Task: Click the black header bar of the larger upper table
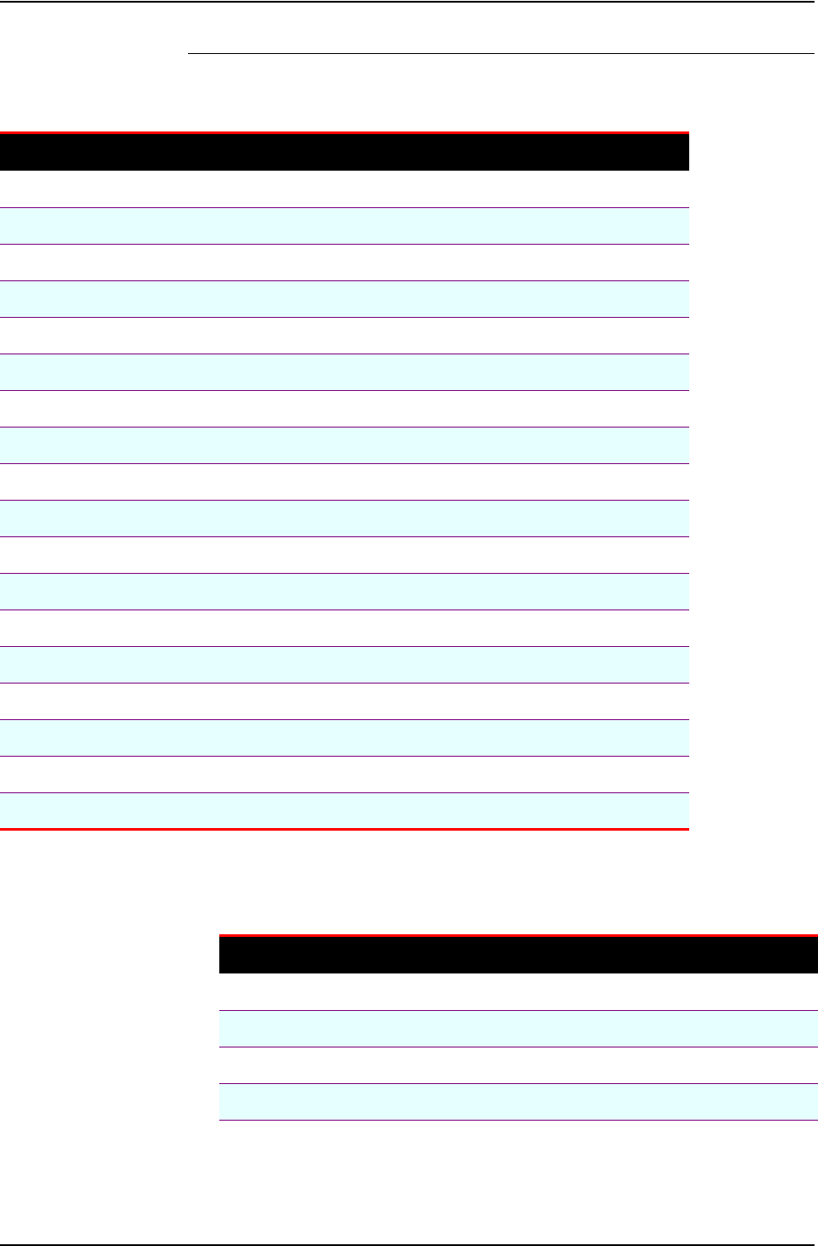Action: [x=344, y=152]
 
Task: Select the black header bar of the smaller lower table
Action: [x=518, y=955]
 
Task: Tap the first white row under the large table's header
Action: [x=344, y=189]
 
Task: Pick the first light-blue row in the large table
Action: [x=344, y=226]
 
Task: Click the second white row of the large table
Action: [x=344, y=262]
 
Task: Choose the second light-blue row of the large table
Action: [x=344, y=299]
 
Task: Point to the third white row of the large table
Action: [x=344, y=335]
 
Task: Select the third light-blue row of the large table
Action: [x=344, y=372]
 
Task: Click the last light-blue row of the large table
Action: [x=344, y=811]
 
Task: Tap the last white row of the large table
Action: [x=344, y=774]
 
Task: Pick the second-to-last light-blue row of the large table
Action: [x=344, y=737]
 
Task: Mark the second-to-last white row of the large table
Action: [x=344, y=701]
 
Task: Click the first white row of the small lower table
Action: [x=518, y=992]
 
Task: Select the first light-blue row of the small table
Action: [x=518, y=1028]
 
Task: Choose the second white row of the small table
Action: [x=518, y=1065]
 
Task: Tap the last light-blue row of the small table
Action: [x=518, y=1101]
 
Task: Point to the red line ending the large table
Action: [x=344, y=830]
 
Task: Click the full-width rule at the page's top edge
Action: [x=409, y=1]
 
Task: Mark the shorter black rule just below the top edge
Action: [x=500, y=54]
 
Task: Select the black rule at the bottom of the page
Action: [x=409, y=1244]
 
